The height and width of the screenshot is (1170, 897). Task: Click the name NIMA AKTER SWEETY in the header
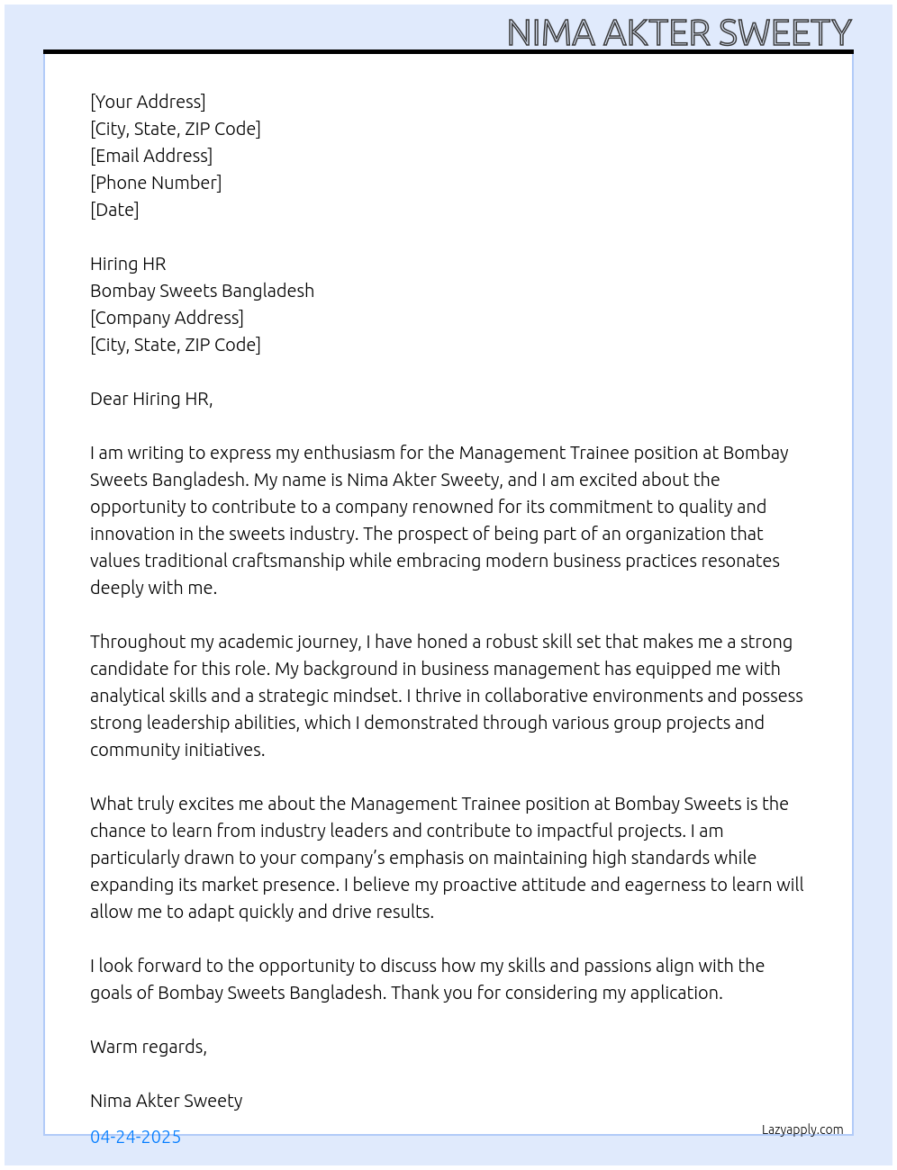[679, 32]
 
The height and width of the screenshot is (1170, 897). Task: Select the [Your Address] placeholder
[148, 102]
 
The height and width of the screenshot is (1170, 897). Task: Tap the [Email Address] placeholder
[151, 156]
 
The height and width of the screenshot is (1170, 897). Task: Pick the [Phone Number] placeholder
[156, 183]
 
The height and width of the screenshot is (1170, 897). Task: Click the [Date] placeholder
[114, 210]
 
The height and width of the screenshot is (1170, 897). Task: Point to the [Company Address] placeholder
[167, 318]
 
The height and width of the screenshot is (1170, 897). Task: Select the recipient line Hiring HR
[128, 264]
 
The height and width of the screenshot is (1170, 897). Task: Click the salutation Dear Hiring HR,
[151, 399]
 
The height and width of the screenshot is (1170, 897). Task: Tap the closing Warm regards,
[149, 1047]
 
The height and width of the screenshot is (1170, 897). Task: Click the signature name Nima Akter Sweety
[167, 1101]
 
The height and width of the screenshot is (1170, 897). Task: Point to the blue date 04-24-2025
[135, 1137]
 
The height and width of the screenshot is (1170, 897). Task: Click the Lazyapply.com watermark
[802, 1129]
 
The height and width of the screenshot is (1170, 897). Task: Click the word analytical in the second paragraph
[128, 696]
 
